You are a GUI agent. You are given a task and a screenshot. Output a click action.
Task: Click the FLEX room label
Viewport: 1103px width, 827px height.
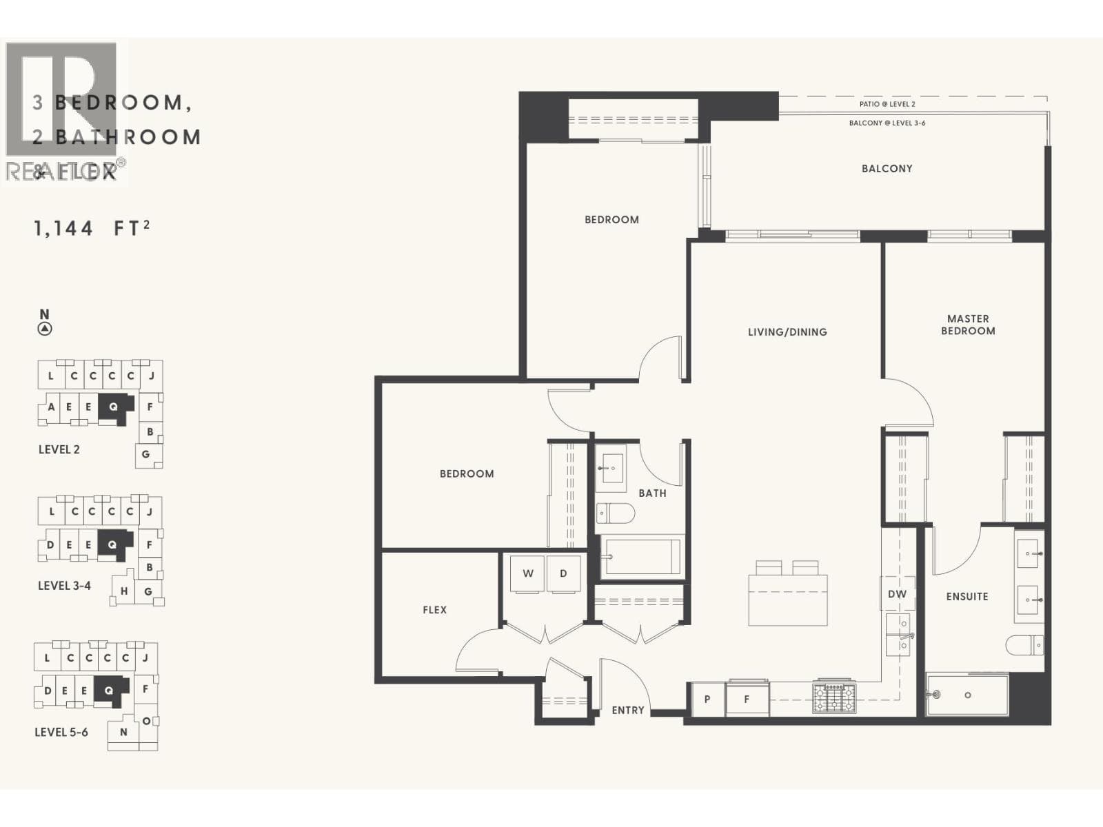(434, 610)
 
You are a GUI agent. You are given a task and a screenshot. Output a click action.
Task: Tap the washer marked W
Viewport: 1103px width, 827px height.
(528, 573)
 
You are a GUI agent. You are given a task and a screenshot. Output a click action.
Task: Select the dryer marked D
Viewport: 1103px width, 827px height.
(563, 573)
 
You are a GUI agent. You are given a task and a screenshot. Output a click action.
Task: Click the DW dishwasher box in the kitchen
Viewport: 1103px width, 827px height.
(897, 594)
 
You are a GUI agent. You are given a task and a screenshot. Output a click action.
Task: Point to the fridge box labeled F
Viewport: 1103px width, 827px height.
(747, 700)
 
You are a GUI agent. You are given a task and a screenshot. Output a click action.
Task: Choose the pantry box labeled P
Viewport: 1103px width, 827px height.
(707, 700)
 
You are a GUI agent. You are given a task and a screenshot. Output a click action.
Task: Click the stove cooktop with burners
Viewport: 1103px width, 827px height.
(834, 697)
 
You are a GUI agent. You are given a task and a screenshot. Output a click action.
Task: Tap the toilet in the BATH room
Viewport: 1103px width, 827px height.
(615, 513)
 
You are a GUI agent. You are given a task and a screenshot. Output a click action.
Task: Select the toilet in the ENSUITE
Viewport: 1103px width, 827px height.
(1024, 645)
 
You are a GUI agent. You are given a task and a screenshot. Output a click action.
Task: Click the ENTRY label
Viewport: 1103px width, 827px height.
(627, 710)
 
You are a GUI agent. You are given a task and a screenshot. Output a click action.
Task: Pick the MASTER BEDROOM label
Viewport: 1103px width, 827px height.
(968, 325)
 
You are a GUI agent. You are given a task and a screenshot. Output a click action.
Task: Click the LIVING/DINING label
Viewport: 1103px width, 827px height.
(787, 332)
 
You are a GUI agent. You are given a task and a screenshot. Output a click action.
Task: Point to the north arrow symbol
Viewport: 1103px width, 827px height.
(45, 328)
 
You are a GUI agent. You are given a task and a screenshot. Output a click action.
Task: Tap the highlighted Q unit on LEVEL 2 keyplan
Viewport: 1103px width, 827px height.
(114, 407)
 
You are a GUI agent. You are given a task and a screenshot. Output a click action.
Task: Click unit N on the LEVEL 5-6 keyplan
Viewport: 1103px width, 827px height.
(123, 732)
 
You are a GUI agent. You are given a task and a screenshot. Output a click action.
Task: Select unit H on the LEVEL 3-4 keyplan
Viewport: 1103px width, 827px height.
(124, 591)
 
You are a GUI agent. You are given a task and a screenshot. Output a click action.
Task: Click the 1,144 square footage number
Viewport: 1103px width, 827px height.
(63, 228)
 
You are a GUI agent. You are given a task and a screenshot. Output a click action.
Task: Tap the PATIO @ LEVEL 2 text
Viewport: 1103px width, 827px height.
(887, 104)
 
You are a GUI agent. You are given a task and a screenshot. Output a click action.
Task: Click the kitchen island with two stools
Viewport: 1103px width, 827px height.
(787, 598)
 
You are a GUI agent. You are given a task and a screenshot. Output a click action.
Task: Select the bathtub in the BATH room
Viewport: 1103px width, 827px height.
(642, 556)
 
